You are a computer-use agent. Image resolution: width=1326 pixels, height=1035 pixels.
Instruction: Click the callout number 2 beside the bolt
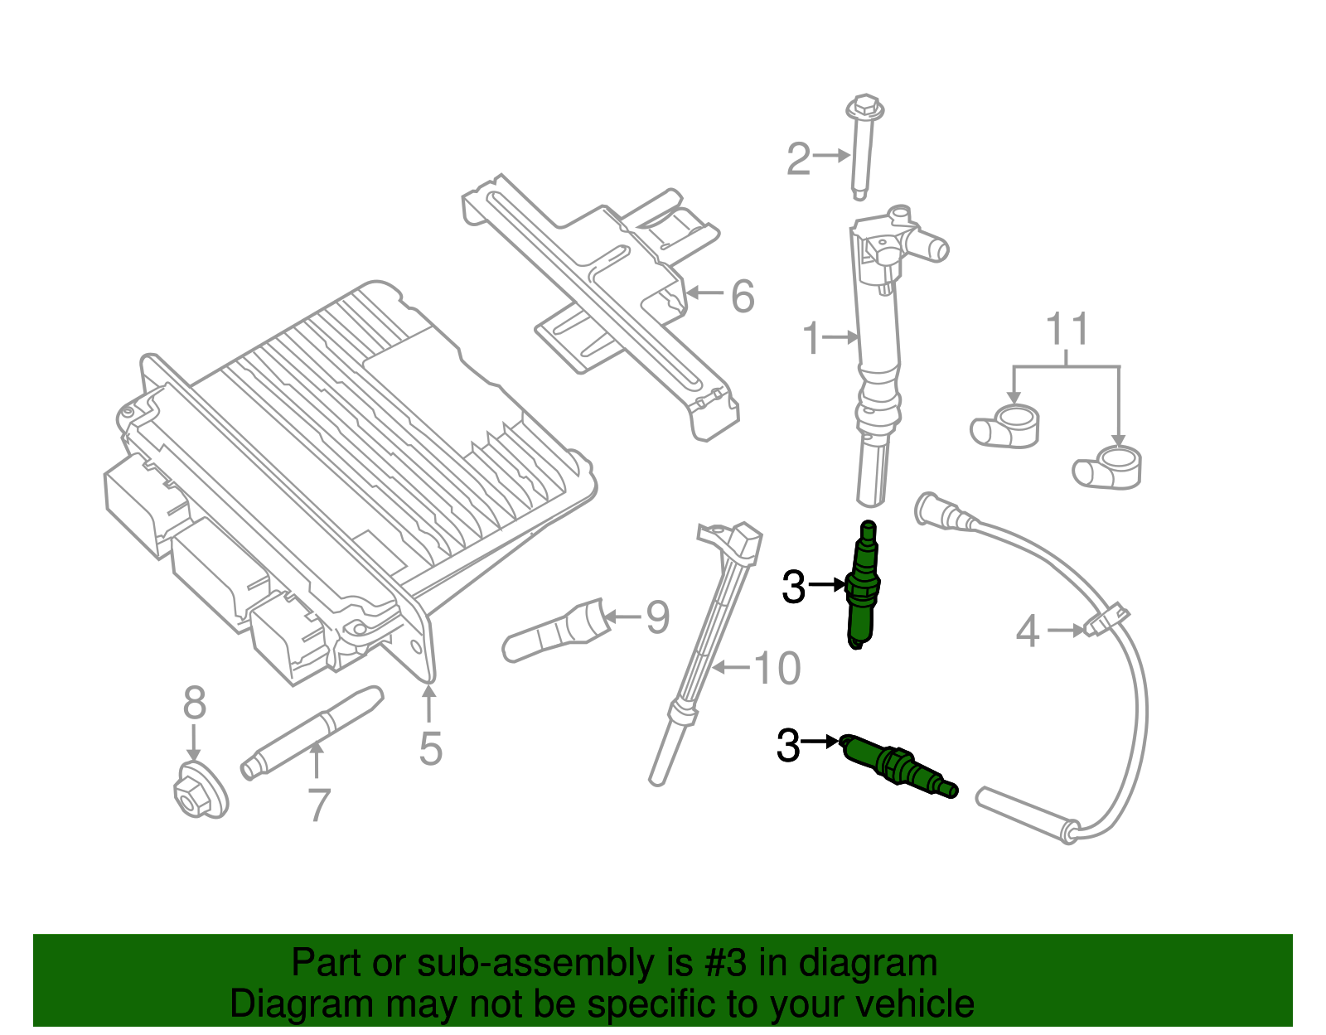click(797, 158)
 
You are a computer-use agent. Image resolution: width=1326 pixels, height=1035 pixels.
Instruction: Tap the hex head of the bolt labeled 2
click(864, 109)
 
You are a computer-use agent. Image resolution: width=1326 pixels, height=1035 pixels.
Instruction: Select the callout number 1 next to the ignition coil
click(811, 338)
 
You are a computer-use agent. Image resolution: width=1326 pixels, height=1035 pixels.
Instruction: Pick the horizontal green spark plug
click(899, 766)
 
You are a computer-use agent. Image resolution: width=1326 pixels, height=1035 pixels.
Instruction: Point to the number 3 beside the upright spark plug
click(793, 588)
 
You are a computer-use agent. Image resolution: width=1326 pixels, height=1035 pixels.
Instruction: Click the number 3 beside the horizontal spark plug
click(788, 745)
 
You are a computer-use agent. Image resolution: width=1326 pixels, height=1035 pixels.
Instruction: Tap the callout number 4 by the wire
click(1028, 631)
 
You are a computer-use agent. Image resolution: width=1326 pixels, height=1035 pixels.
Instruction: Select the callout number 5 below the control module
click(430, 747)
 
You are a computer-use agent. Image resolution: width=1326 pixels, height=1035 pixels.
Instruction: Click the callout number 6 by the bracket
click(743, 296)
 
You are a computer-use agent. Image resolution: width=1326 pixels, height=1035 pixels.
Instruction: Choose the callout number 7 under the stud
click(319, 804)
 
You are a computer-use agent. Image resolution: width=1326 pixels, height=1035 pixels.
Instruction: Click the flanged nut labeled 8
click(200, 791)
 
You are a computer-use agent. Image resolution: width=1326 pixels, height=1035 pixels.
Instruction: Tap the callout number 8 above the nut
click(194, 704)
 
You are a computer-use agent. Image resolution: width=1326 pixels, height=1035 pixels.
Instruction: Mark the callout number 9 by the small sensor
click(657, 617)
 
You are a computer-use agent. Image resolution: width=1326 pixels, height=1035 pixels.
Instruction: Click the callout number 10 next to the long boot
click(777, 668)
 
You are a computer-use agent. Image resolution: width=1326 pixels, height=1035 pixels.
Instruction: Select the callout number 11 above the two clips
click(1067, 330)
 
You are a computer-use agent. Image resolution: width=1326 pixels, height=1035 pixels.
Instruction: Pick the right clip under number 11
click(1109, 468)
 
